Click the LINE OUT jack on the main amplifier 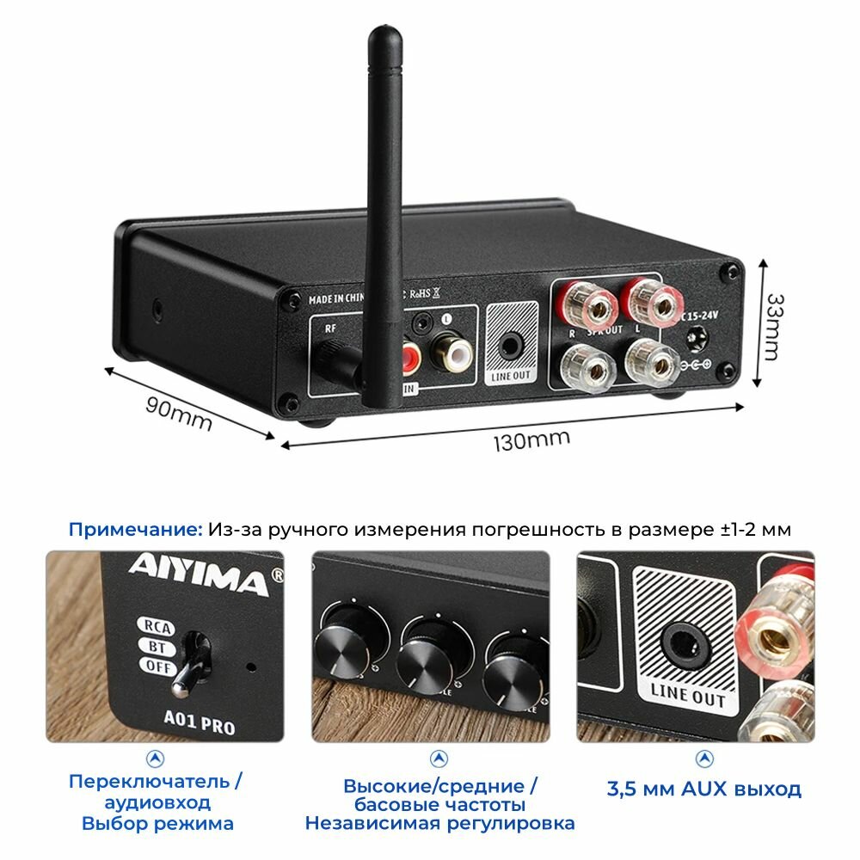[510, 345]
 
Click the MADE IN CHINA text [338, 299]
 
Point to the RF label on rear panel [329, 328]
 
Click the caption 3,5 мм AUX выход [703, 789]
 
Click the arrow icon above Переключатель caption [156, 759]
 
